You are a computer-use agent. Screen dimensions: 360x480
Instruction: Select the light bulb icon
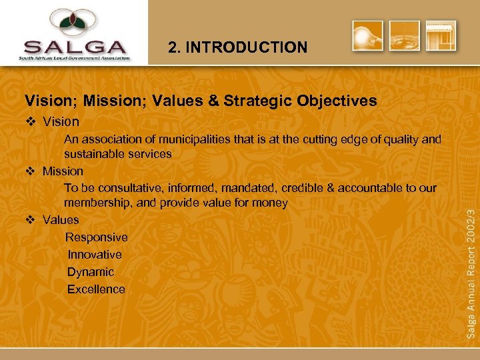coord(367,36)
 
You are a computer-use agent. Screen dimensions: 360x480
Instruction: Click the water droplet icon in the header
coord(405,36)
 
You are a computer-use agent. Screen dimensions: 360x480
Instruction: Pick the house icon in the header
coord(441,36)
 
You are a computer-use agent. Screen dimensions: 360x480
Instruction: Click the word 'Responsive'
coord(97,237)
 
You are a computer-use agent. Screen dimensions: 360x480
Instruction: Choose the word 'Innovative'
coord(95,255)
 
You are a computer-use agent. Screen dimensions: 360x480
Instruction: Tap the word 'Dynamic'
coord(91,272)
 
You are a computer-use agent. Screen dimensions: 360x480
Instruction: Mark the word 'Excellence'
coord(96,289)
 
